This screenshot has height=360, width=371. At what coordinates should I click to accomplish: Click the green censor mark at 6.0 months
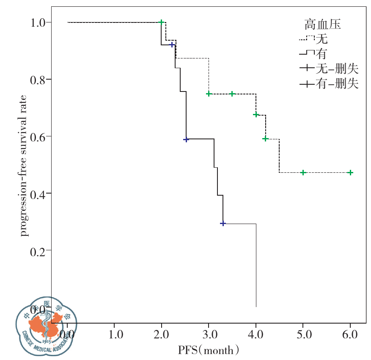click(x=350, y=172)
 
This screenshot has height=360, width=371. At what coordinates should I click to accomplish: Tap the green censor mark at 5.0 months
click(x=303, y=172)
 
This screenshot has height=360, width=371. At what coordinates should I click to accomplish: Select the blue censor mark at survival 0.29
click(x=223, y=223)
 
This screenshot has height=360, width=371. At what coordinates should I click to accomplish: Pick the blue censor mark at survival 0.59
click(x=186, y=139)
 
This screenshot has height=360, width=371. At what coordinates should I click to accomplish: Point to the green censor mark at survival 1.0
click(x=161, y=22)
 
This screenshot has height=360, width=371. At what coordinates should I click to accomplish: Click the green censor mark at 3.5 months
click(x=232, y=94)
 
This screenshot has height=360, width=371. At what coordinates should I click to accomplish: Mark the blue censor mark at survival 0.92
click(x=172, y=44)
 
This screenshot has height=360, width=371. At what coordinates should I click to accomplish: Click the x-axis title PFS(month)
click(x=209, y=350)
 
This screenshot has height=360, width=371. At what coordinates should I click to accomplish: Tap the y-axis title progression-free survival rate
click(x=25, y=165)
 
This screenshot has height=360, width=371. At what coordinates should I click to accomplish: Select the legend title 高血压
click(x=323, y=25)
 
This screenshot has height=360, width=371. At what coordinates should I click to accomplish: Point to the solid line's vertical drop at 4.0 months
click(x=256, y=265)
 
